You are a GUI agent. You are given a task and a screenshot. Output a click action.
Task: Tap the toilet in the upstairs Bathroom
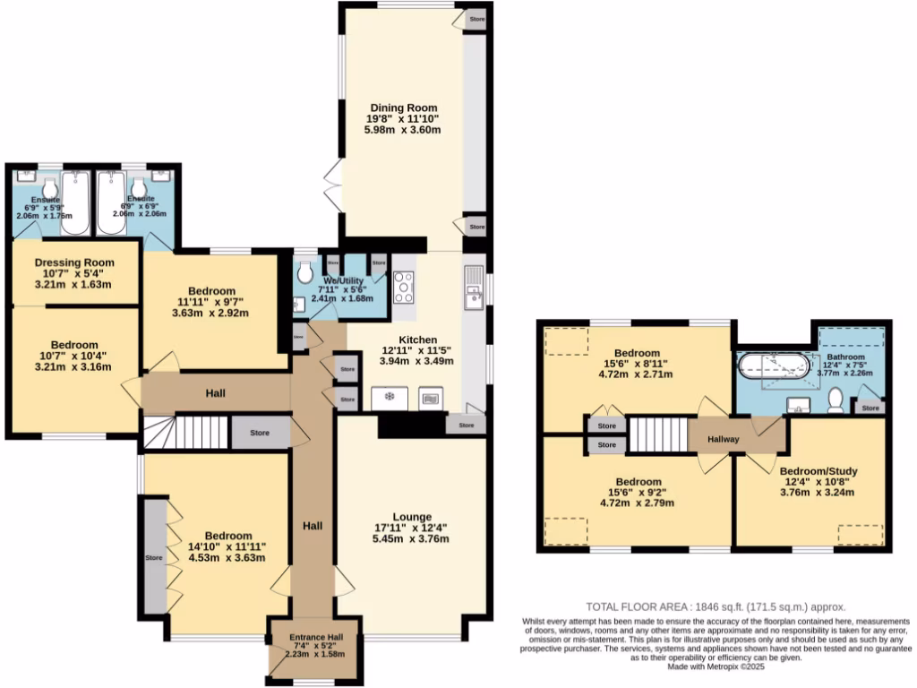pyautogui.click(x=836, y=400)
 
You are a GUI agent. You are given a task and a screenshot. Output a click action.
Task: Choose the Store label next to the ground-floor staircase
pyautogui.click(x=259, y=433)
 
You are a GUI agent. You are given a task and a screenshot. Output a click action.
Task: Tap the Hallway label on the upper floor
pyautogui.click(x=724, y=439)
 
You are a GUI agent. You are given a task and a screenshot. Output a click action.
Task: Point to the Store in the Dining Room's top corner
pyautogui.click(x=476, y=18)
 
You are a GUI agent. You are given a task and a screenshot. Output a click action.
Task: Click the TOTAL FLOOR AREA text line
pyautogui.click(x=715, y=606)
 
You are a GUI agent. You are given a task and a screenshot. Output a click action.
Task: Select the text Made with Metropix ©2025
pyautogui.click(x=715, y=666)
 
